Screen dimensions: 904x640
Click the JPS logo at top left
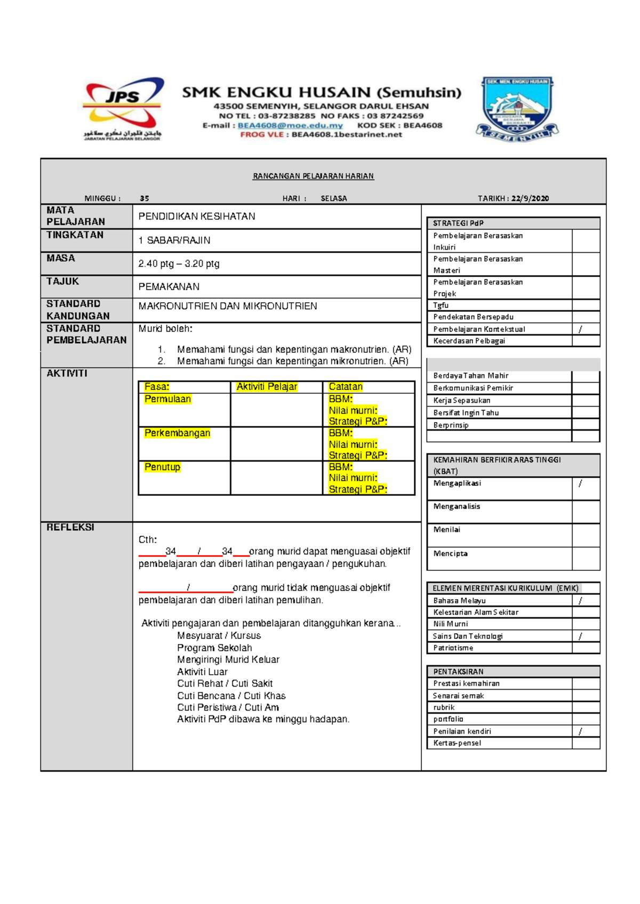coord(124,109)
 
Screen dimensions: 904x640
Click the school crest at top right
coord(516,109)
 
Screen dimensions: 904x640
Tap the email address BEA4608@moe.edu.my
coord(290,126)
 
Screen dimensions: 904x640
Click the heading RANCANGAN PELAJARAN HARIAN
coord(313,176)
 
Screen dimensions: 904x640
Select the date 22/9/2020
coord(530,198)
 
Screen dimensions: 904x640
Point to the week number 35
coord(144,198)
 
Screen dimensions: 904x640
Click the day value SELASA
coord(334,198)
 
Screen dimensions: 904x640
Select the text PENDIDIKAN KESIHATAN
coord(197,216)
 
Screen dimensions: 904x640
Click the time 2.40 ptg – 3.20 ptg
coord(179,264)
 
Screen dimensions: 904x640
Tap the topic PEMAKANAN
coord(169,287)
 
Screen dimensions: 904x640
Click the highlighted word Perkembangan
coord(177,433)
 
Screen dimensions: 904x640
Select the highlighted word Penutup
coord(162,467)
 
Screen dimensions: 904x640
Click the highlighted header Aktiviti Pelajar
coord(267,386)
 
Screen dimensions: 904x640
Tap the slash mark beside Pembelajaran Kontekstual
coord(580,329)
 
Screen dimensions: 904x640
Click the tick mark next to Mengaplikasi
coord(580,483)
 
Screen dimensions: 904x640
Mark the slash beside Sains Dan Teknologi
coord(580,636)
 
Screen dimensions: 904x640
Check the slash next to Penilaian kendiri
coord(580,731)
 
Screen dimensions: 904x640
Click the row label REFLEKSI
coord(70,527)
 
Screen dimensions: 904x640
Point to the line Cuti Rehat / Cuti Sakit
coord(225,683)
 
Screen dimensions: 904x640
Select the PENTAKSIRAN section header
coord(458,672)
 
